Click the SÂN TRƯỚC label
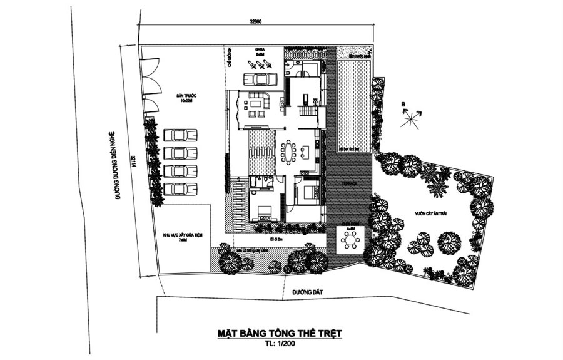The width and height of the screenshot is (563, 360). [186, 98]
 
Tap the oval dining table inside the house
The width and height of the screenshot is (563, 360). [288, 151]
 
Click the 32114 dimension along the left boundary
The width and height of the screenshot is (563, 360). [134, 161]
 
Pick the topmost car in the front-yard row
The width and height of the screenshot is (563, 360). [180, 135]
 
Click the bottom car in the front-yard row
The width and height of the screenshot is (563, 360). [180, 188]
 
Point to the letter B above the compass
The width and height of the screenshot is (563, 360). [404, 105]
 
